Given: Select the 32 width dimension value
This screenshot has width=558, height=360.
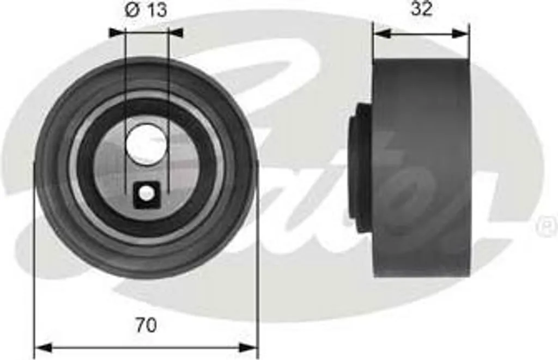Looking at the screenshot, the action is point(421,9).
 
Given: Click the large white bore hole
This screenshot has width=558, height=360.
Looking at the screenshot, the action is point(147,143).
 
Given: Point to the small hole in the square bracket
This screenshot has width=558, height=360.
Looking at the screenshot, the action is point(145,194).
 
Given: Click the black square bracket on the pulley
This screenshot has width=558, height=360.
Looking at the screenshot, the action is point(146,194).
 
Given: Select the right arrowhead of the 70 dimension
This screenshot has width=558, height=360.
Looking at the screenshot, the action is point(248,348).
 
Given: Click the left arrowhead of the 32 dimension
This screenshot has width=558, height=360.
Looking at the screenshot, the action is point(382,33).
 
